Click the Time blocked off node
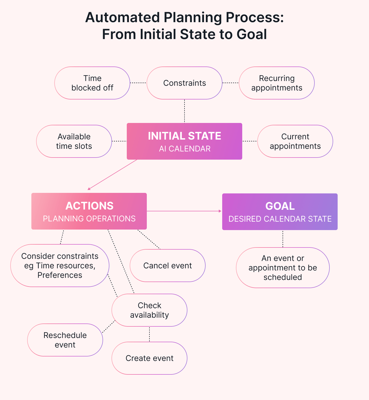click(x=92, y=83)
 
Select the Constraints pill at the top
click(x=184, y=83)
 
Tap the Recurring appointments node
click(x=276, y=83)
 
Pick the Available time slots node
click(x=74, y=141)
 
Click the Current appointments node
click(x=295, y=141)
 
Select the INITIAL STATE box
click(x=184, y=136)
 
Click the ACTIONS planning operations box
click(x=89, y=211)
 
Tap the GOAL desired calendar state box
click(x=280, y=212)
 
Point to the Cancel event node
click(x=167, y=265)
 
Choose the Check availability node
click(x=149, y=310)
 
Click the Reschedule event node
click(x=65, y=340)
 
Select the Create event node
click(x=149, y=358)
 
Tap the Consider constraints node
click(x=60, y=265)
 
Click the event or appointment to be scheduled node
click(x=283, y=268)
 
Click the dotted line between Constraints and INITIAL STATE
click(x=184, y=111)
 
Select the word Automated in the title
click(x=123, y=18)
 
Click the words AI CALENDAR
click(x=184, y=149)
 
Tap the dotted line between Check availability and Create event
click(x=149, y=334)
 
